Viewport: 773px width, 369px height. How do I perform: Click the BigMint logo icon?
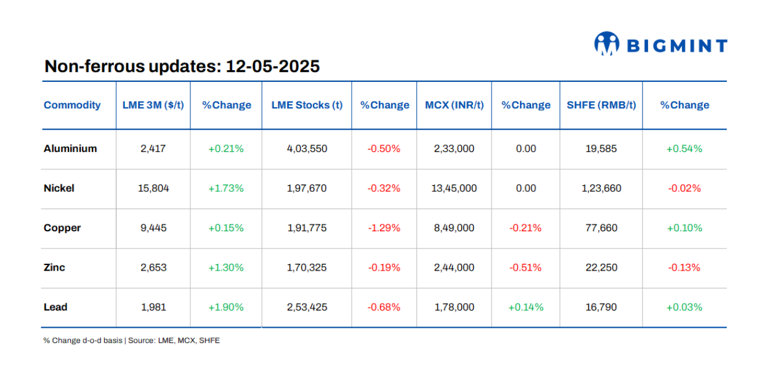click(x=607, y=44)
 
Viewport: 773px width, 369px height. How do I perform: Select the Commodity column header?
click(x=72, y=105)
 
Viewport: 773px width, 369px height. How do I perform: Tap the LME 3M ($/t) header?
click(x=153, y=105)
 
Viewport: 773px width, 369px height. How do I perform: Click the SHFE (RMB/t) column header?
click(x=601, y=105)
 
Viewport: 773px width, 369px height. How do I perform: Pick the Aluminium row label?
click(x=70, y=149)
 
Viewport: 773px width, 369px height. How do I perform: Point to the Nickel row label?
click(x=59, y=188)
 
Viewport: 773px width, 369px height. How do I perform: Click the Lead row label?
click(x=55, y=307)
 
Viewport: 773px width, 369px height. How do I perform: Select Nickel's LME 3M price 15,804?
click(x=153, y=188)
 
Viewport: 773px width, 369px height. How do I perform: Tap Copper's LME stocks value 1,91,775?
click(x=307, y=228)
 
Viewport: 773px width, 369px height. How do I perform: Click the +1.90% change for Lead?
click(x=226, y=307)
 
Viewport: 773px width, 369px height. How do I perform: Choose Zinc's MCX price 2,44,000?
click(x=454, y=268)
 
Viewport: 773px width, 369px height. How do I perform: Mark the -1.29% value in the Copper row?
click(x=384, y=228)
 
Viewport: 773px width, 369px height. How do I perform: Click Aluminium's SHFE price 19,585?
click(x=601, y=149)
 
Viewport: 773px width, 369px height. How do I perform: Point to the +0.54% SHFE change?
click(x=684, y=149)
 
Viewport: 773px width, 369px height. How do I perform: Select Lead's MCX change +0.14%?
click(x=525, y=307)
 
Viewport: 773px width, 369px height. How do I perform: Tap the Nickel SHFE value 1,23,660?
click(x=601, y=188)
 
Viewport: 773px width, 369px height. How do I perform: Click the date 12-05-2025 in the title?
click(x=273, y=66)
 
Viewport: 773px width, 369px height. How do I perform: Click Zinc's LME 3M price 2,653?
click(x=153, y=268)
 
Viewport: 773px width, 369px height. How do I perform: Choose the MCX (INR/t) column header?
click(x=454, y=105)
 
